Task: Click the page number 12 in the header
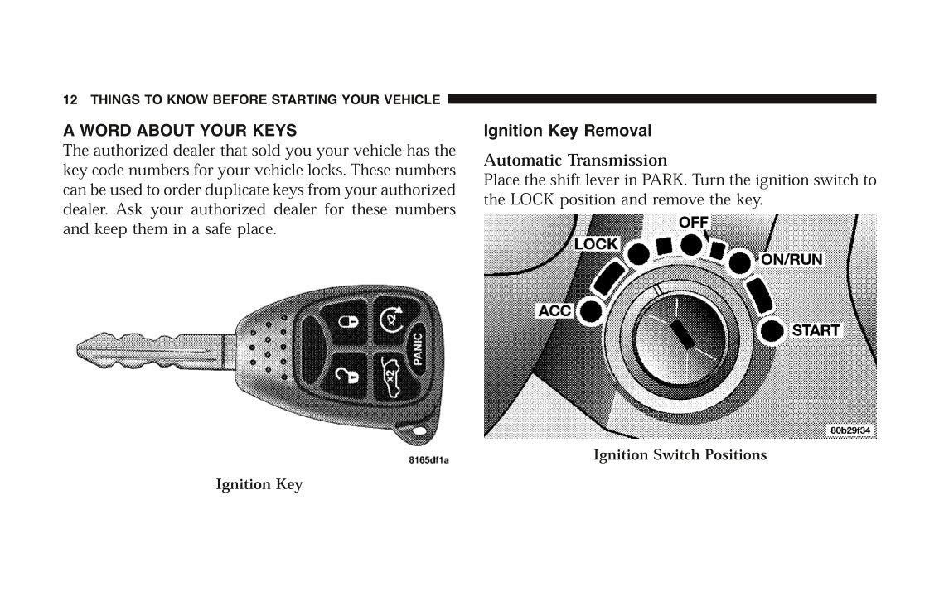pos(70,100)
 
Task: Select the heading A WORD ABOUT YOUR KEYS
pos(180,131)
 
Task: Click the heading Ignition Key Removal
pos(567,131)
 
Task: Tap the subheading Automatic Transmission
pos(575,160)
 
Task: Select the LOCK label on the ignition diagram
pos(596,244)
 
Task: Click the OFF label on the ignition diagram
pos(694,223)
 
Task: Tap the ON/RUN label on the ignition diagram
pos(791,259)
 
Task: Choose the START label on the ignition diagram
pos(816,330)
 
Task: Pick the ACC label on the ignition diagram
pos(554,311)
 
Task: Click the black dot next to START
pos(772,330)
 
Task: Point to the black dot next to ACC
pos(590,311)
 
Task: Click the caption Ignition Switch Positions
pos(680,455)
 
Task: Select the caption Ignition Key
pos(259,485)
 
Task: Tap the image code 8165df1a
pos(428,460)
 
